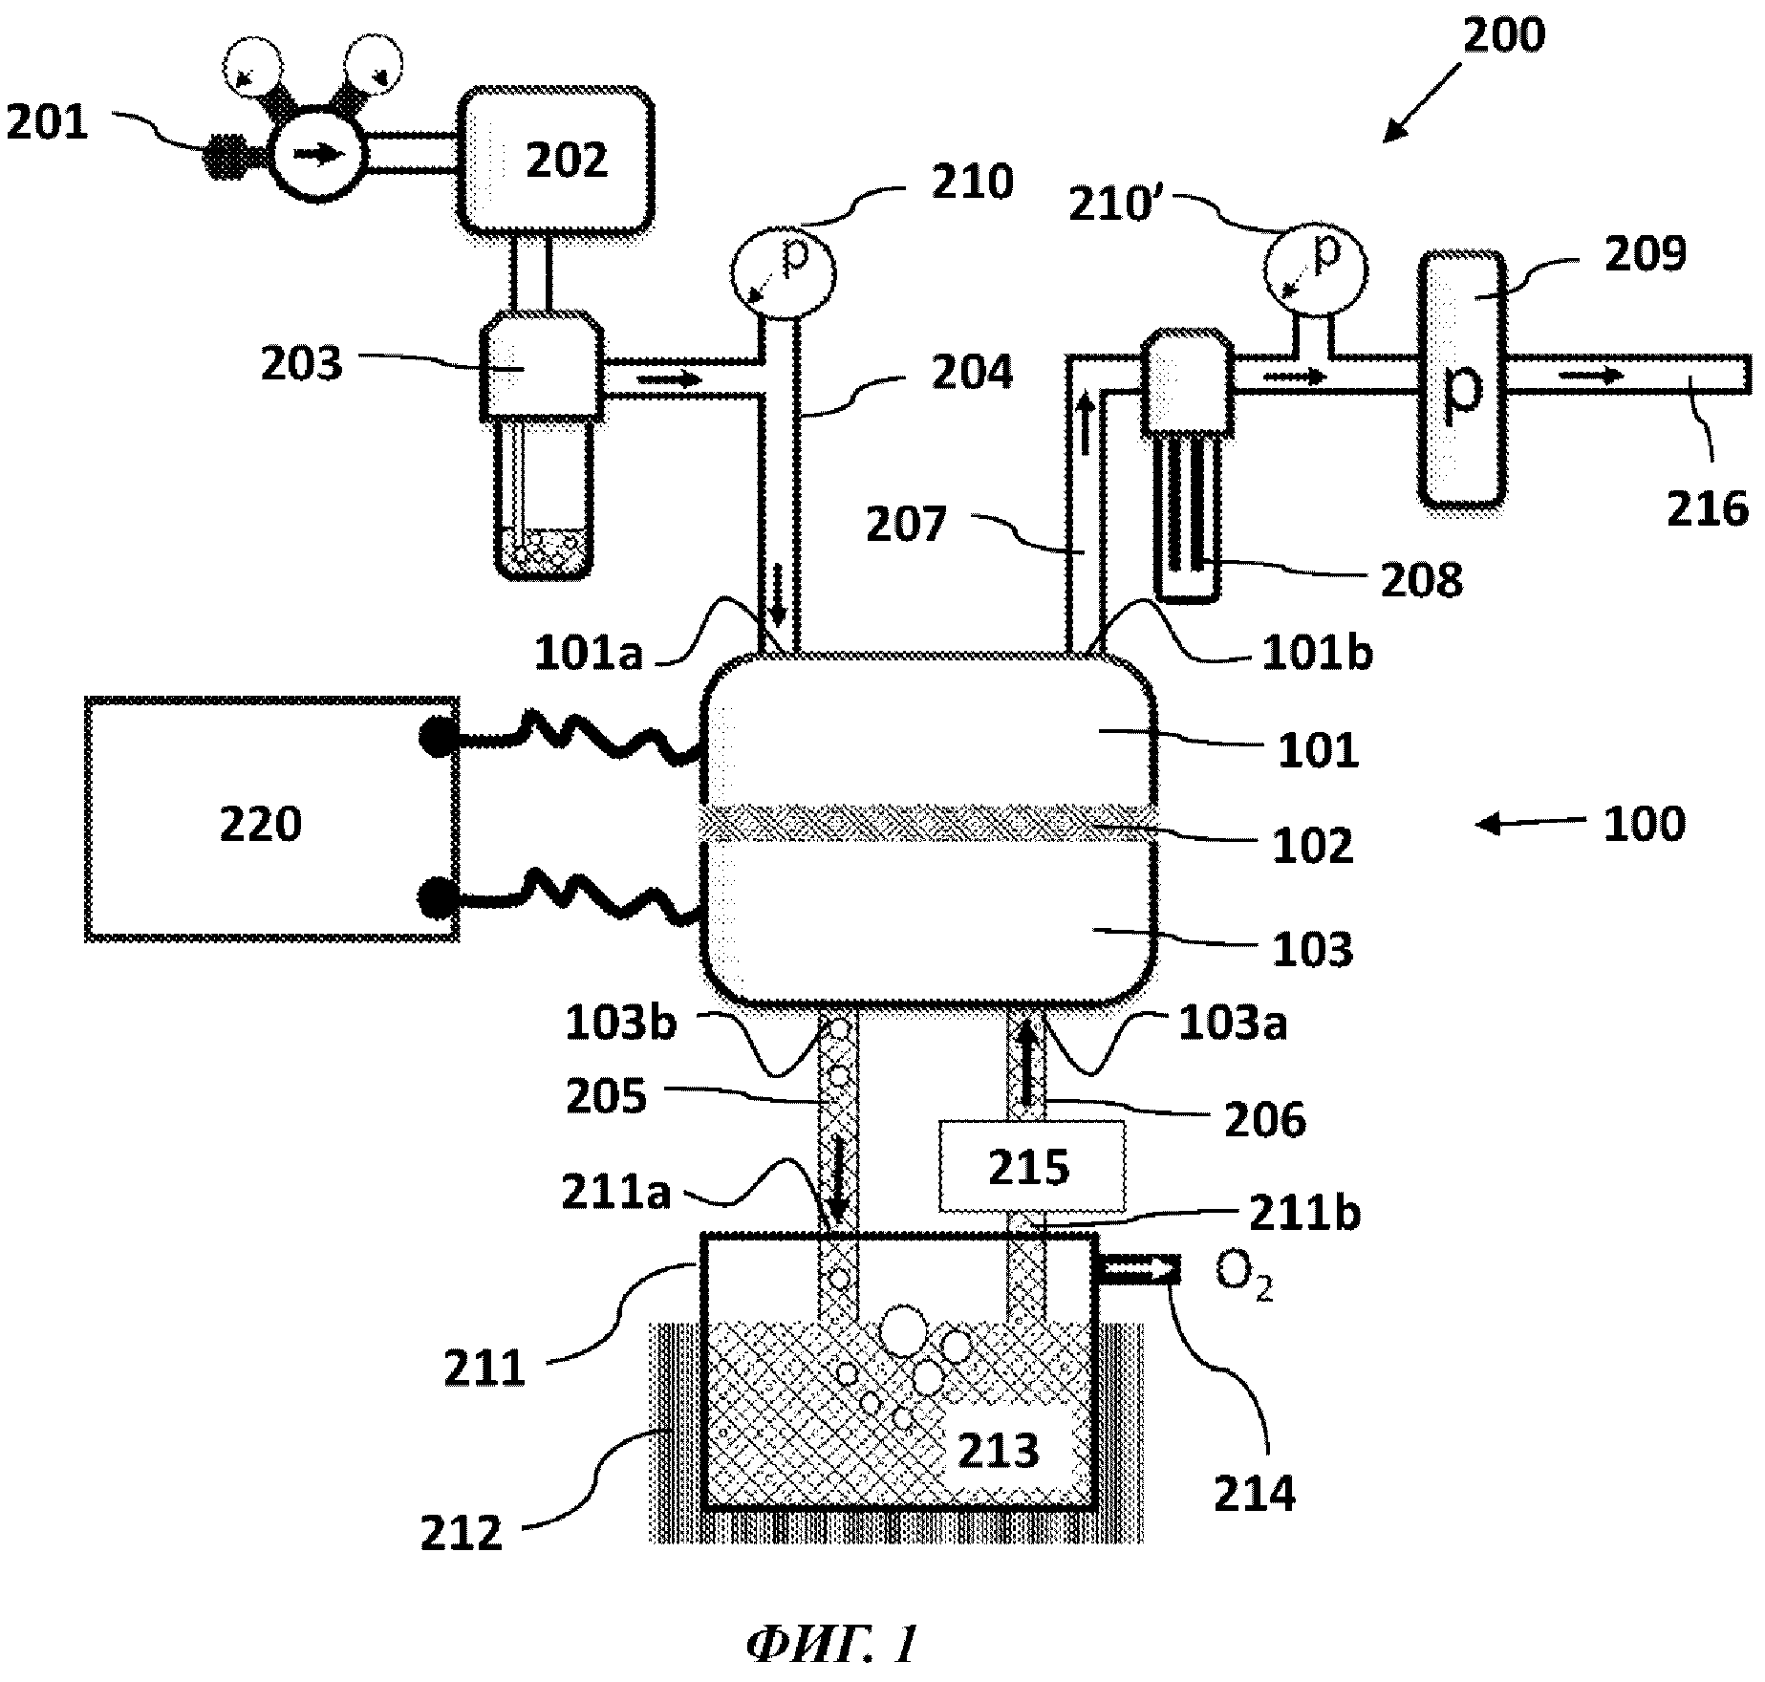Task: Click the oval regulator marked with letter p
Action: [1462, 378]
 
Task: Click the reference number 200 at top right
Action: [1503, 35]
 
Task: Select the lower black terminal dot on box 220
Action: [436, 895]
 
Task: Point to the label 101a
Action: [589, 655]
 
